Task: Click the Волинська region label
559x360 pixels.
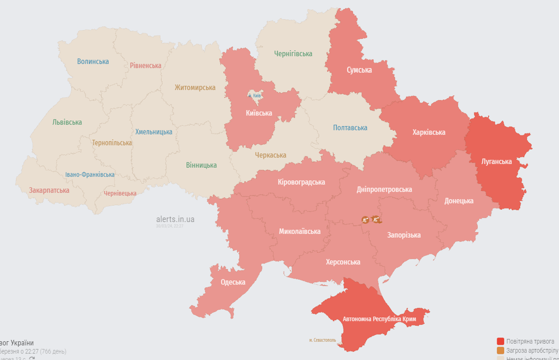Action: point(93,61)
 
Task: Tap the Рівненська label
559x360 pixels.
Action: point(145,66)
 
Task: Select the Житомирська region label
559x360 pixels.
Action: point(195,88)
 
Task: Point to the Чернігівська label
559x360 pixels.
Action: point(293,54)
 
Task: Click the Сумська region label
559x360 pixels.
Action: point(359,70)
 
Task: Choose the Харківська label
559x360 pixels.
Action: point(429,132)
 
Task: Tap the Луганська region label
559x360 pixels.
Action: point(496,161)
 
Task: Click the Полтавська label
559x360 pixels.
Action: point(350,127)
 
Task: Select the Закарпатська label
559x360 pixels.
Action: point(49,190)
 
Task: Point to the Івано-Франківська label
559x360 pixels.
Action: point(90,174)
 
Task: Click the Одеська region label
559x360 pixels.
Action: point(233,282)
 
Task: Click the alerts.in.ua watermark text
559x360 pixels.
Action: point(175,219)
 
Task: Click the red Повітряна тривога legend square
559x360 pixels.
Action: point(500,341)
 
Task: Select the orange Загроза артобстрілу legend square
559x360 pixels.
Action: point(500,351)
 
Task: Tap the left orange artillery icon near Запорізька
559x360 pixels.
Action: point(365,219)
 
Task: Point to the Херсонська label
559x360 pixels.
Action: point(343,262)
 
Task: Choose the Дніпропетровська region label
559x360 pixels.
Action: point(384,189)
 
